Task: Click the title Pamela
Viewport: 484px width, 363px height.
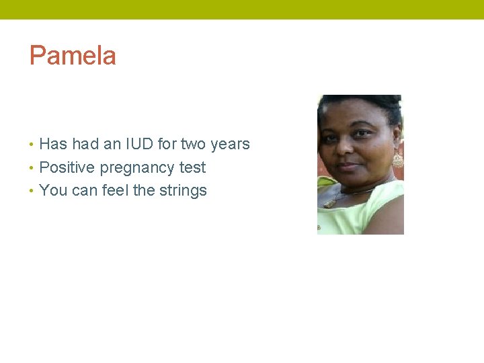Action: (x=73, y=55)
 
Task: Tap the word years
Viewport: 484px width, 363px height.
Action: (x=230, y=144)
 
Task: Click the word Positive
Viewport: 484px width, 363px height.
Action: (x=67, y=167)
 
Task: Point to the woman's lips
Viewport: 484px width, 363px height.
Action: (x=350, y=165)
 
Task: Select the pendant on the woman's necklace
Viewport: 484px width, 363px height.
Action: (x=329, y=203)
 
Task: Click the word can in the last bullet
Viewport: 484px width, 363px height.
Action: (x=85, y=190)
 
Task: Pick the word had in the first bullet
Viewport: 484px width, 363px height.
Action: (x=85, y=144)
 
